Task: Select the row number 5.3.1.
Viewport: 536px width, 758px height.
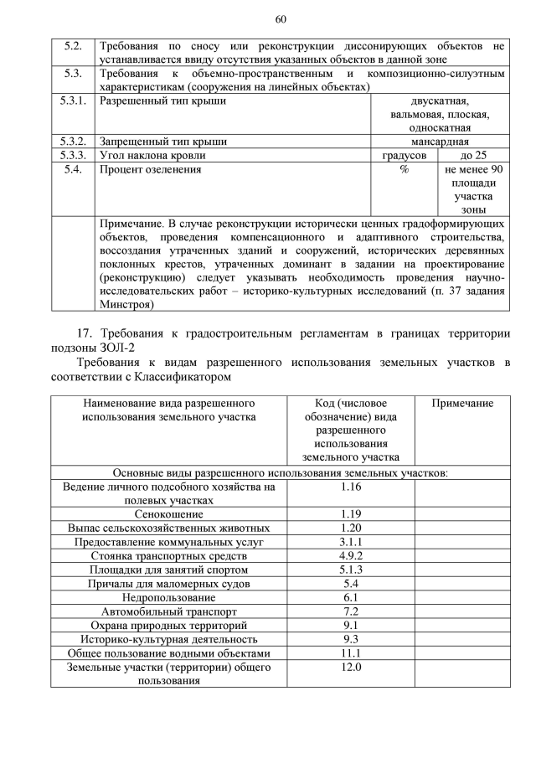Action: click(x=74, y=101)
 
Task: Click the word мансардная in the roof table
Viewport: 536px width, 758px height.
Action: click(x=440, y=142)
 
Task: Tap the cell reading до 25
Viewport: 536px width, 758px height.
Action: click(x=473, y=155)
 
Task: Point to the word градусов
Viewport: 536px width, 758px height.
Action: click(x=405, y=155)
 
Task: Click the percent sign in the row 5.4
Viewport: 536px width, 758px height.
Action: click(x=404, y=169)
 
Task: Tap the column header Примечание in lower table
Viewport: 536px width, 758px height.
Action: click(x=462, y=404)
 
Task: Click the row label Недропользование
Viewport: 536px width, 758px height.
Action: click(x=168, y=597)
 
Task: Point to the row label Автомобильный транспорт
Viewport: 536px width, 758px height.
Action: click(x=168, y=611)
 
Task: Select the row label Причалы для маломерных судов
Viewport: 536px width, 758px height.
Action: click(x=168, y=583)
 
